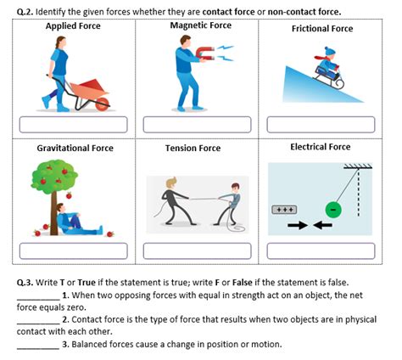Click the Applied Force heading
pyautogui.click(x=72, y=25)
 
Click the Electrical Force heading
pyautogui.click(x=320, y=147)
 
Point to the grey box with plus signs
pyautogui.click(x=284, y=209)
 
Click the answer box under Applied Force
pyautogui.click(x=74, y=125)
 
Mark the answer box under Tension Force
pyautogui.click(x=198, y=251)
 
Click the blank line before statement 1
pyautogui.click(x=38, y=295)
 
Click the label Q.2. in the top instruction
pyautogui.click(x=26, y=11)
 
